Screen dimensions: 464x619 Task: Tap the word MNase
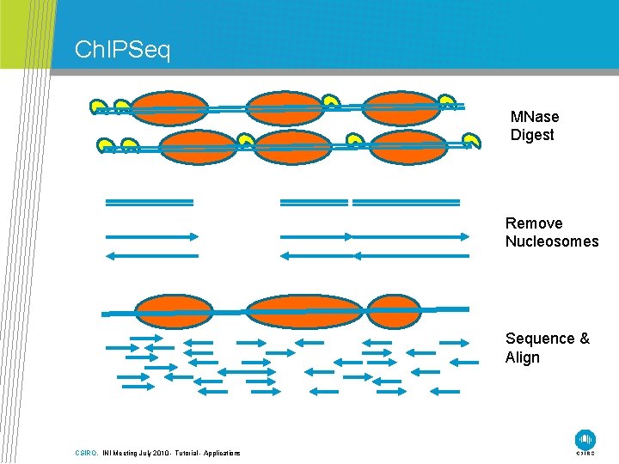click(x=534, y=117)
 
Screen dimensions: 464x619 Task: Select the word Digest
click(x=532, y=135)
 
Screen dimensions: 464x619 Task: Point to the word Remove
click(x=534, y=223)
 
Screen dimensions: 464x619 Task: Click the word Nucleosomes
click(x=551, y=241)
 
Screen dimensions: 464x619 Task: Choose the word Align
click(x=523, y=357)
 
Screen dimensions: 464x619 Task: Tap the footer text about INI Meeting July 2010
click(x=171, y=453)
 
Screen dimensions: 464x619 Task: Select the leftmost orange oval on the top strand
click(x=170, y=108)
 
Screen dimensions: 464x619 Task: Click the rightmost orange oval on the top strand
click(x=401, y=108)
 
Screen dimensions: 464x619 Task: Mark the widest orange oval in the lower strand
click(x=305, y=311)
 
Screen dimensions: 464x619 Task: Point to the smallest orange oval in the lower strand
click(x=395, y=311)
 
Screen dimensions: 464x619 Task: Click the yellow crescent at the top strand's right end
click(x=447, y=103)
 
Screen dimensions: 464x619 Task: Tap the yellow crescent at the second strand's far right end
click(x=471, y=141)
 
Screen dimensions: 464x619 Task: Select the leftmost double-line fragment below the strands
click(x=150, y=203)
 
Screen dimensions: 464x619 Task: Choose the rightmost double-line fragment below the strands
click(x=412, y=203)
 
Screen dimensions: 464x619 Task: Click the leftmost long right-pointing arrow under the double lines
click(x=151, y=236)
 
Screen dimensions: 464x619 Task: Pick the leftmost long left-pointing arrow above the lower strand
click(x=151, y=255)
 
